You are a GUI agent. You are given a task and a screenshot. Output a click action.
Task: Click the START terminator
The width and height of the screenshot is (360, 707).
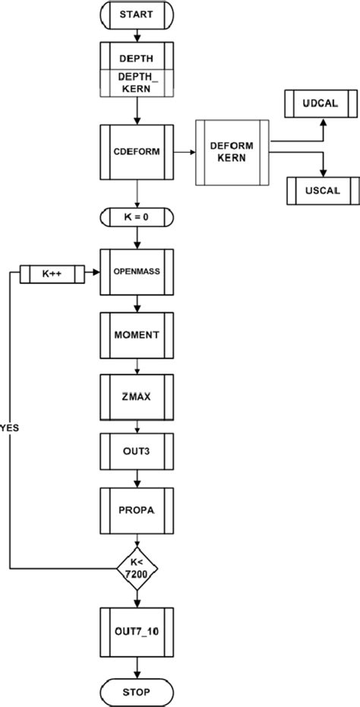click(137, 14)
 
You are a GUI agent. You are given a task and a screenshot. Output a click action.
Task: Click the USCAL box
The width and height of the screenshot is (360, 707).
click(322, 191)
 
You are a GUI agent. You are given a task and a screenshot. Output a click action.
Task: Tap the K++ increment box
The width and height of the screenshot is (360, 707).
click(50, 270)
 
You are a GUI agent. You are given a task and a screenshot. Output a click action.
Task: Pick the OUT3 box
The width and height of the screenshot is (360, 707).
click(137, 452)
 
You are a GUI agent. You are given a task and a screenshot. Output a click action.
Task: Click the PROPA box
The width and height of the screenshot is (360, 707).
click(137, 510)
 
